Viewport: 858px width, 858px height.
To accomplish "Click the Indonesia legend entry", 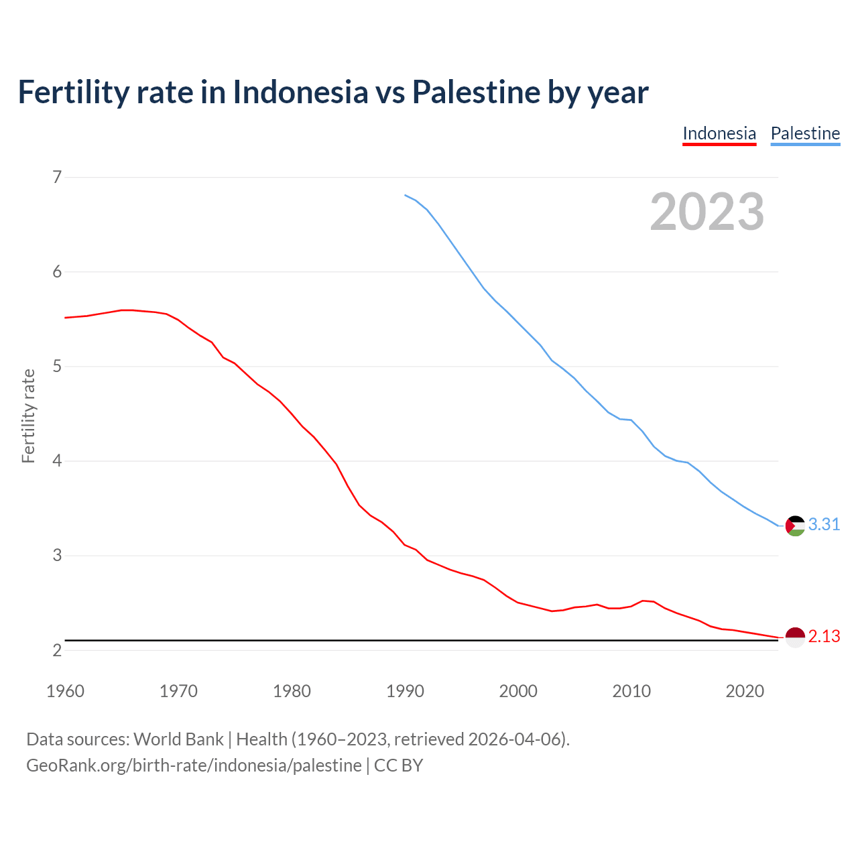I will (719, 133).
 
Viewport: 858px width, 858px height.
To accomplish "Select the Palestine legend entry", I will (805, 133).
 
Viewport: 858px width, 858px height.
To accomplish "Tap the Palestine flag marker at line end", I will (795, 526).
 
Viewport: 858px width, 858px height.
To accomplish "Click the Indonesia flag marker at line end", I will (795, 637).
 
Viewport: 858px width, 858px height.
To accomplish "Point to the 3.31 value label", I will (824, 524).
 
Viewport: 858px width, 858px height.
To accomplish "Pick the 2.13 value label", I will (824, 636).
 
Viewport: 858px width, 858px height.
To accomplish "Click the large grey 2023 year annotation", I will (707, 212).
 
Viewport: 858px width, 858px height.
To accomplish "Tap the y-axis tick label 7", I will (57, 177).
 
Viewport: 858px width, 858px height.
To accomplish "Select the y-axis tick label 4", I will (57, 461).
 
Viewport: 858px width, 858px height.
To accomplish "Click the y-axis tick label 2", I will (57, 650).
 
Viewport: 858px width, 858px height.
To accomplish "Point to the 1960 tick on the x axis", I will (65, 691).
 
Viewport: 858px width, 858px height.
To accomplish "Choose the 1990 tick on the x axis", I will (405, 691).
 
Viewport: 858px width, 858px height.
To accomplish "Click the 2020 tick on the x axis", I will (745, 691).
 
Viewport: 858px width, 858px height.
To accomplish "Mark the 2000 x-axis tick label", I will (518, 691).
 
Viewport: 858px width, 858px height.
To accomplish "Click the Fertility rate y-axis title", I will (28, 416).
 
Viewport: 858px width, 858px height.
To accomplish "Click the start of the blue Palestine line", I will (405, 195).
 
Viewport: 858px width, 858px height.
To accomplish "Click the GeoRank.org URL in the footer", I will (194, 765).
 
